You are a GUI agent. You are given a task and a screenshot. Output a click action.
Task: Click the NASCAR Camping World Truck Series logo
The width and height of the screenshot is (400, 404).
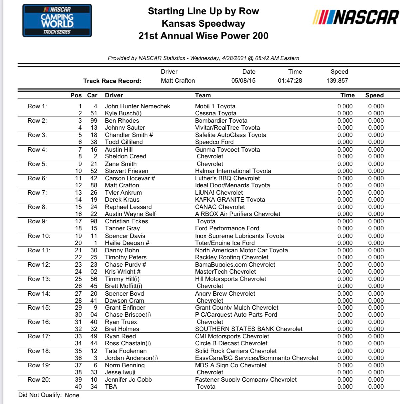[x=57, y=21]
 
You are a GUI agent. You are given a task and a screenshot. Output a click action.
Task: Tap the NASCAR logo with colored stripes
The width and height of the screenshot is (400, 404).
[x=355, y=17]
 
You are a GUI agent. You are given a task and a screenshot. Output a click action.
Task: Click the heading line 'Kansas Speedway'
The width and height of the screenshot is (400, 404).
[x=203, y=23]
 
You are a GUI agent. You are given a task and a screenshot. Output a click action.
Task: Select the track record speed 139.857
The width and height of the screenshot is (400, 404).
[x=337, y=80]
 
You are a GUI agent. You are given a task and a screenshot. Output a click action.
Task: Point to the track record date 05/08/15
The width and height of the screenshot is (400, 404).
[x=243, y=80]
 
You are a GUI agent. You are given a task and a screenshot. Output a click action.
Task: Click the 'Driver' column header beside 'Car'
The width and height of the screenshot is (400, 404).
[x=114, y=95]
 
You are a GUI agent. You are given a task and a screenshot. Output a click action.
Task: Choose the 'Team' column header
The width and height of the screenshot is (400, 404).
[x=203, y=95]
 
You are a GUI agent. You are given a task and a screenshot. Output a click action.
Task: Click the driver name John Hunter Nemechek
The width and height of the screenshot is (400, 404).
[x=137, y=106]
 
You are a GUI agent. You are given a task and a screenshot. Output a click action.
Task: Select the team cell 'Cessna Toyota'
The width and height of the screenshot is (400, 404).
[x=215, y=113]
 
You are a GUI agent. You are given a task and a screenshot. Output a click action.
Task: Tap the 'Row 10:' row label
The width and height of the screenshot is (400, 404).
[x=39, y=236]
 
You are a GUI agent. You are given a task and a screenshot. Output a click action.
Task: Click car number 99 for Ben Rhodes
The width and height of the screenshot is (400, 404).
[x=94, y=121]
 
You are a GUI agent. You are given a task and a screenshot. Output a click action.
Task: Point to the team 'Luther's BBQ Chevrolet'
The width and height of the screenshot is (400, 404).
[x=227, y=178]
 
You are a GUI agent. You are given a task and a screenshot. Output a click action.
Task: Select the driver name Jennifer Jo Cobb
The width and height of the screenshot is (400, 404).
[x=128, y=380]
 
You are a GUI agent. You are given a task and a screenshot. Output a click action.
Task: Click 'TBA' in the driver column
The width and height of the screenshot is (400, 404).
[x=111, y=387]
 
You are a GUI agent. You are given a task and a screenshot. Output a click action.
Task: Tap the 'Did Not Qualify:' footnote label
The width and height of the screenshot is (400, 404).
[x=40, y=395]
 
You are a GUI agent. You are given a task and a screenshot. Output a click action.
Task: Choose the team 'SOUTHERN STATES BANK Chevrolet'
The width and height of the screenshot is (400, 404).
[x=248, y=329]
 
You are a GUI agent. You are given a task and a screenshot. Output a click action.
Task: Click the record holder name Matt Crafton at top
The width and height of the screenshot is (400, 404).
[x=178, y=80]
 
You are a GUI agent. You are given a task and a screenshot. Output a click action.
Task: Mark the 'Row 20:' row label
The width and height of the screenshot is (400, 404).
[x=39, y=380]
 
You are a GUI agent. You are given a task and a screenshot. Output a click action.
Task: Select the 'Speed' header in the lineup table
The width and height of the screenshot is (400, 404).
[x=374, y=95]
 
